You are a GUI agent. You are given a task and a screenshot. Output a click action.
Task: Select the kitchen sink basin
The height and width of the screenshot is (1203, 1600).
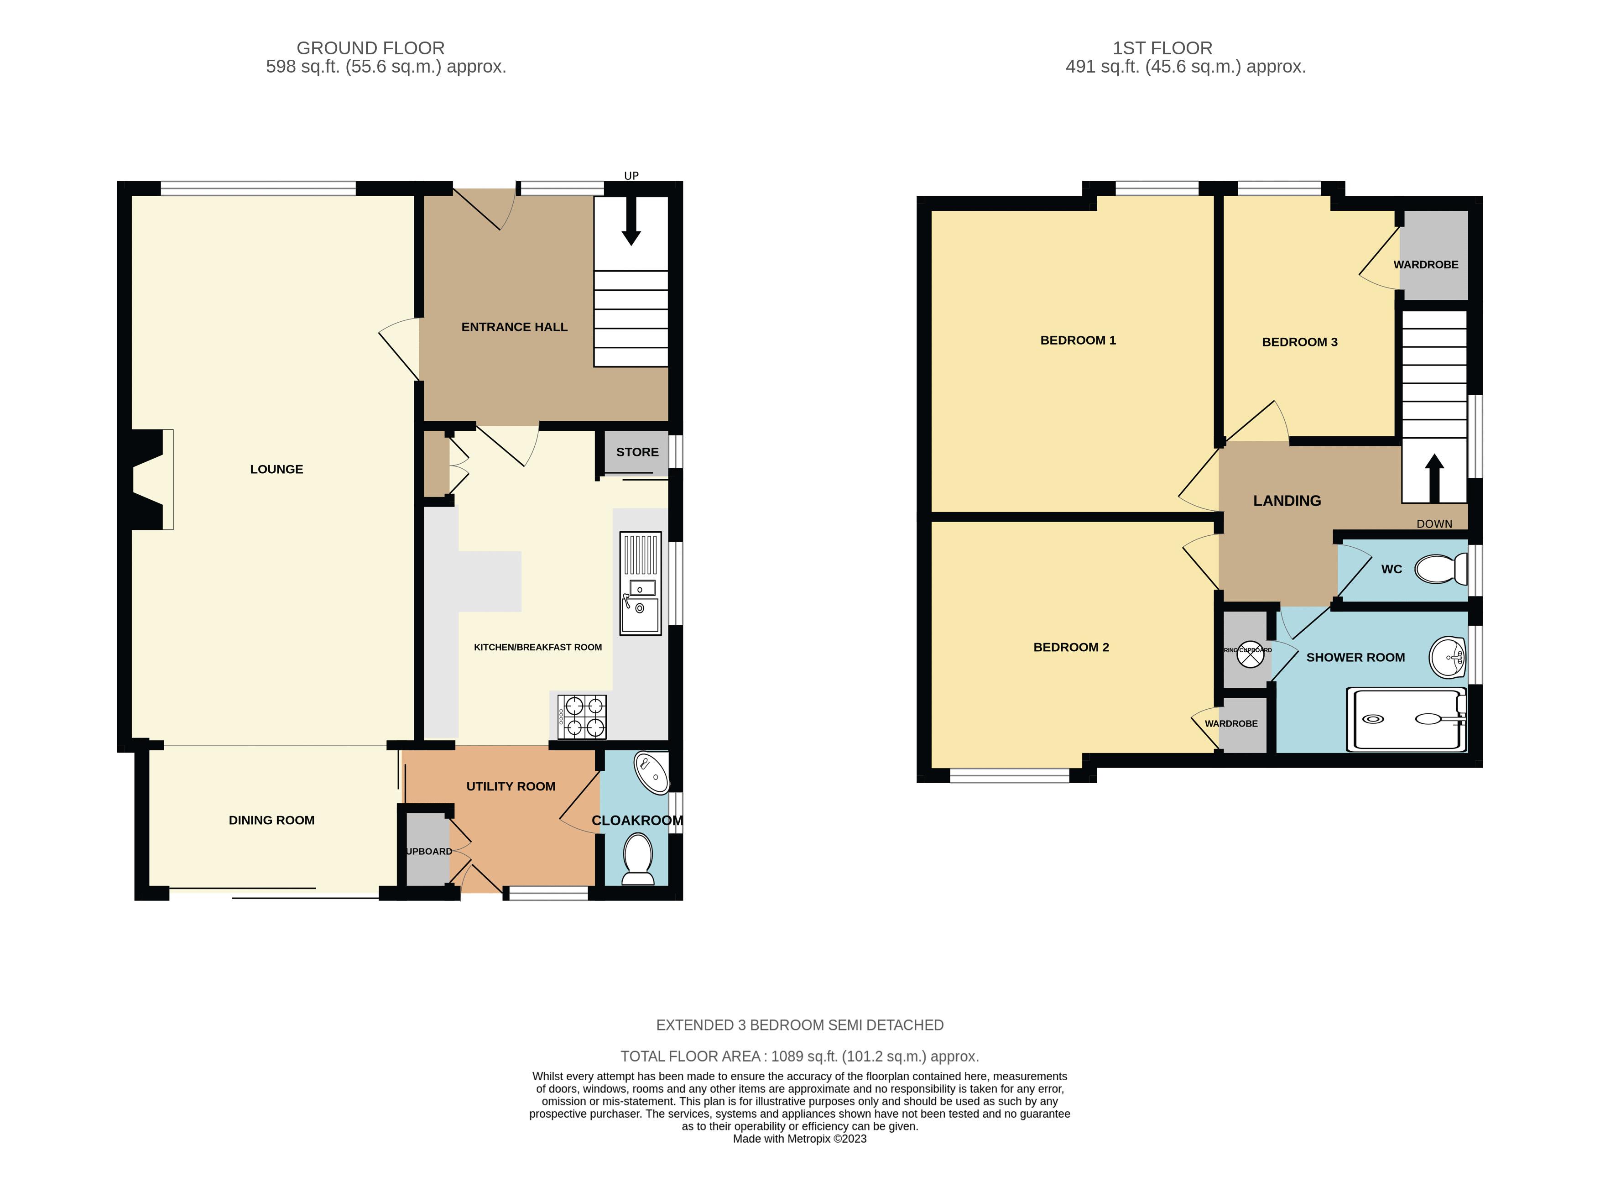point(640,615)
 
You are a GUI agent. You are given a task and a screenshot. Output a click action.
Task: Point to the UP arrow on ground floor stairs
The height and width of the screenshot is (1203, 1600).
point(631,227)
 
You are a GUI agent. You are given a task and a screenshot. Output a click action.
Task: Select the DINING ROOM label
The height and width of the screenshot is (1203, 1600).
point(271,820)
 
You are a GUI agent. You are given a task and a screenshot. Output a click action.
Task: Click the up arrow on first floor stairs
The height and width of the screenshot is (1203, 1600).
point(1433,477)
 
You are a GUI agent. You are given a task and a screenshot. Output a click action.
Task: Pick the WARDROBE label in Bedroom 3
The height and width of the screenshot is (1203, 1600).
point(1426,265)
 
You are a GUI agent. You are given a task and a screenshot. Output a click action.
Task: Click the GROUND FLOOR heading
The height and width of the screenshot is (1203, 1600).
point(370,48)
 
